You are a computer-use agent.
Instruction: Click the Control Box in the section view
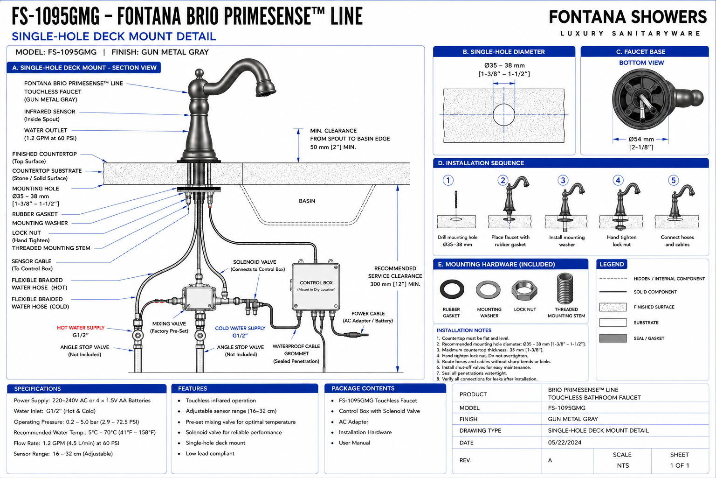click(x=316, y=287)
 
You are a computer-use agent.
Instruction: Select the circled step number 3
click(x=563, y=181)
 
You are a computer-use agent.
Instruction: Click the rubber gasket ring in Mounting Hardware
click(x=452, y=289)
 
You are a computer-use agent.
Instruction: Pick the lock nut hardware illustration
click(x=524, y=290)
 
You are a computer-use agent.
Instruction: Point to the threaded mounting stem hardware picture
click(x=565, y=288)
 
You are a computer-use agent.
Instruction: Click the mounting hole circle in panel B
click(x=504, y=115)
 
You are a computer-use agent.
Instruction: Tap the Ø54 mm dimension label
click(x=641, y=139)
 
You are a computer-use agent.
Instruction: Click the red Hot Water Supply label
click(x=81, y=328)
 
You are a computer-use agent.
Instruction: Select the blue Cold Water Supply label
click(x=240, y=329)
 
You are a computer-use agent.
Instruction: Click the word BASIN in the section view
click(x=307, y=201)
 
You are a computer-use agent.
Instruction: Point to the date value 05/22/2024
click(x=565, y=443)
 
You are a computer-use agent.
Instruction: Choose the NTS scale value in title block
click(x=623, y=465)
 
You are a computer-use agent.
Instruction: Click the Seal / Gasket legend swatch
click(x=613, y=338)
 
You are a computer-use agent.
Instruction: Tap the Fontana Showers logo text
click(x=628, y=17)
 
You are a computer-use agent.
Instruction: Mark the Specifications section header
click(x=37, y=389)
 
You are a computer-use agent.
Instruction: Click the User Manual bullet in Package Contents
click(x=354, y=443)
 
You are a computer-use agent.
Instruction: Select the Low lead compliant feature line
click(x=210, y=454)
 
